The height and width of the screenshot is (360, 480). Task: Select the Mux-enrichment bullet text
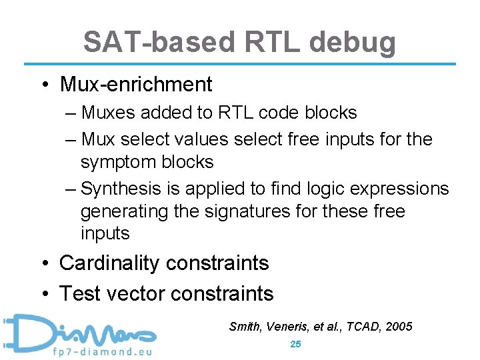tap(135, 85)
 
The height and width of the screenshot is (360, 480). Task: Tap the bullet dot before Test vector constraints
tap(45, 293)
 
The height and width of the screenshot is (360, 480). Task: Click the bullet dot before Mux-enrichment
tap(45, 85)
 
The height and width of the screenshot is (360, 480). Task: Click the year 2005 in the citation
tap(399, 327)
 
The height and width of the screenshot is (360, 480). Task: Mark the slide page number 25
tap(296, 344)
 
